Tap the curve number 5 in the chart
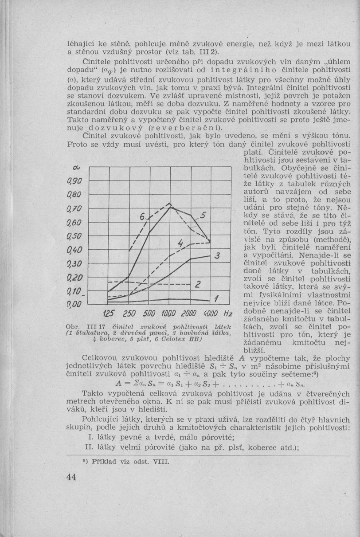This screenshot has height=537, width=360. [203, 216]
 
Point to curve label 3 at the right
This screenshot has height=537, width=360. [217, 256]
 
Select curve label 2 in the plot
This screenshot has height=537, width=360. [199, 284]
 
